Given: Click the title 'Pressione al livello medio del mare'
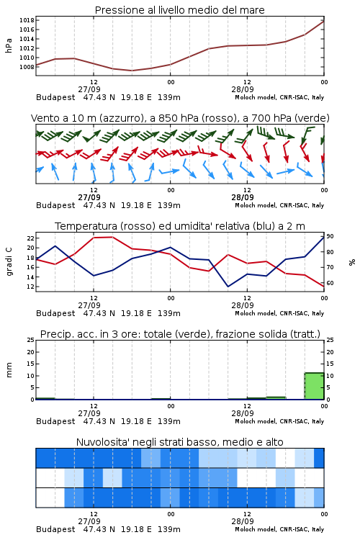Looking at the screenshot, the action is click(x=179, y=10).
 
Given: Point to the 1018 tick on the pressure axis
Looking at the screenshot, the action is click(x=27, y=20).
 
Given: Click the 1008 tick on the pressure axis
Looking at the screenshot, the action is click(x=27, y=67).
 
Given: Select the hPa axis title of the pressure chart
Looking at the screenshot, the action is click(x=9, y=45).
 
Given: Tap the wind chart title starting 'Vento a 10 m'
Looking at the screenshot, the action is click(x=180, y=118).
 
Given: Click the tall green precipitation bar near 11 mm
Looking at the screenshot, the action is click(x=314, y=386).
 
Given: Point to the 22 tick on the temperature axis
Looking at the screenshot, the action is click(x=30, y=238).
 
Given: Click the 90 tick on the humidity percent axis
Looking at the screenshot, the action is click(x=330, y=236).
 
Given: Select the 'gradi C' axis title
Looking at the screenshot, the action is click(x=9, y=261).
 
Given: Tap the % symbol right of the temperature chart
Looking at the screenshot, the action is click(x=352, y=262).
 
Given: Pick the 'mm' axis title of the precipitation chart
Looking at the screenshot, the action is click(x=9, y=370).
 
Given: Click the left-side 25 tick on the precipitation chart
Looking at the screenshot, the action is click(x=31, y=340).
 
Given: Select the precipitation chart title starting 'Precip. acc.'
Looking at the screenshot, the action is click(x=180, y=334).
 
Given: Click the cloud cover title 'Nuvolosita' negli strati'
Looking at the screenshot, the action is click(x=180, y=442).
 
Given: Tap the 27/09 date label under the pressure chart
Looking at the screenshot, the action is click(x=89, y=89).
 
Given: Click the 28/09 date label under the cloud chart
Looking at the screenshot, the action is click(x=243, y=521).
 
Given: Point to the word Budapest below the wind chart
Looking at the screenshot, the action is click(x=55, y=206).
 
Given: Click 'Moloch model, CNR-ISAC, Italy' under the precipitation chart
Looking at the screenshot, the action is click(x=279, y=421).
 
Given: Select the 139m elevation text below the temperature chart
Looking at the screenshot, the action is click(x=169, y=313).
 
